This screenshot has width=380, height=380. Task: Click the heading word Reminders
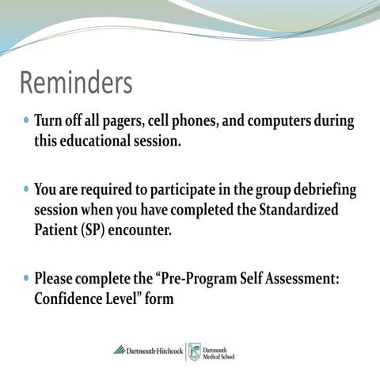(x=76, y=83)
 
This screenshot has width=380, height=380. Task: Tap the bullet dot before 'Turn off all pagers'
(x=26, y=123)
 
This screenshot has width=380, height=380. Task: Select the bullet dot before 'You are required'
(x=26, y=191)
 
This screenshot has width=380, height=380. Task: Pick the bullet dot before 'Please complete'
(x=26, y=279)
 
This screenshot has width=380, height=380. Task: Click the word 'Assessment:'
(x=306, y=279)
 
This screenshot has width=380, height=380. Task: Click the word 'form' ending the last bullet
(x=157, y=300)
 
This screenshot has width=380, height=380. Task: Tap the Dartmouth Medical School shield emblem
(x=194, y=351)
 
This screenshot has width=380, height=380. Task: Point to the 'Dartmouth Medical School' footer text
(x=218, y=351)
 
